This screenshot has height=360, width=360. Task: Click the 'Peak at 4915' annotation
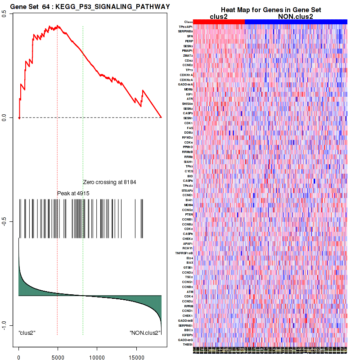click(x=73, y=193)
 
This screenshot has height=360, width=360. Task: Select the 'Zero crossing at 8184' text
click(x=109, y=182)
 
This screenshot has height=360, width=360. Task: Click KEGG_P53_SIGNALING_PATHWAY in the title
click(x=112, y=7)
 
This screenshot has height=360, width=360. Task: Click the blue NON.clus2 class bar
click(x=296, y=22)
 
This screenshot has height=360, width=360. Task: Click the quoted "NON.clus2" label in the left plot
click(x=144, y=333)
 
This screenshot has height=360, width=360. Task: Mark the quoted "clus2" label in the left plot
click(x=27, y=333)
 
